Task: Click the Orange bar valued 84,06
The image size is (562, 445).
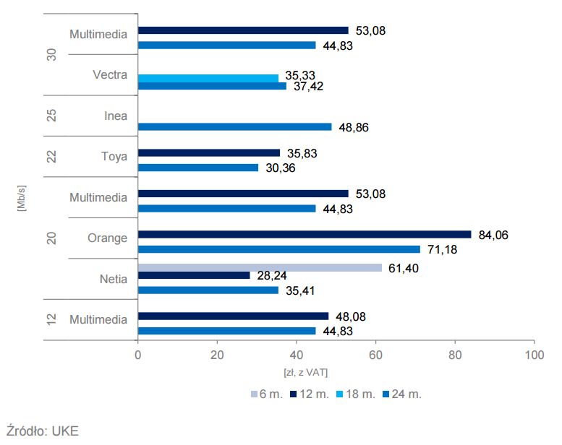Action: pos(304,234)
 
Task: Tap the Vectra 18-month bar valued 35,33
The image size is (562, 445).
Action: pos(208,78)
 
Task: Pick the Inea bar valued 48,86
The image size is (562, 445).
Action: pos(234,126)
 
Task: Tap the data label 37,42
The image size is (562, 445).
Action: pos(309,86)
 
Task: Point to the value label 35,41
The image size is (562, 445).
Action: pos(302,290)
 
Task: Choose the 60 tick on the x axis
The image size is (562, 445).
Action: pos(375,355)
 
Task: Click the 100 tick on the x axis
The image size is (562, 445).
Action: pos(534,355)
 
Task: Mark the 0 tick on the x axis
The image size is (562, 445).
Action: pos(137,355)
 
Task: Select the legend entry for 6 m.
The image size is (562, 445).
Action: pos(270,394)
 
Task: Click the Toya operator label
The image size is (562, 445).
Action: pos(114,155)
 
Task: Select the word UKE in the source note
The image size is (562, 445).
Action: pos(63,431)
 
